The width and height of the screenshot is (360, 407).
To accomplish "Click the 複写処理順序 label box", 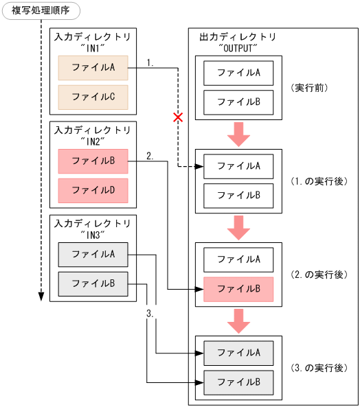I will point(41,10).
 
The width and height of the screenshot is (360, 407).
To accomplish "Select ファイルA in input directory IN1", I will point(93,67).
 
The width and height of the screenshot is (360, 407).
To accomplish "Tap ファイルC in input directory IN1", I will point(93,97).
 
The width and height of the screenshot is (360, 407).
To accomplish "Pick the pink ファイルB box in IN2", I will point(93,161).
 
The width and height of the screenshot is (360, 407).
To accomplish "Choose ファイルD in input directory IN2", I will point(93,190).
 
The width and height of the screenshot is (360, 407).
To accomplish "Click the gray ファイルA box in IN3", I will point(93,255).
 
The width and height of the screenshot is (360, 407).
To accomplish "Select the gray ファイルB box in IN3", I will point(93,283).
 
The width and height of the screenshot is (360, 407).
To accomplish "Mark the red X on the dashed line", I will point(178,118).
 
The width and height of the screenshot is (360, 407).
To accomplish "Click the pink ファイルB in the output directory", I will point(238,289).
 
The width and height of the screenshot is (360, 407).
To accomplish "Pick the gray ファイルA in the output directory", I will point(238,353).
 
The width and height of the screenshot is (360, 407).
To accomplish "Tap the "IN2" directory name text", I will point(93,141).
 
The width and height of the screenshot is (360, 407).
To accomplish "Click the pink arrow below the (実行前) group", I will point(238,134).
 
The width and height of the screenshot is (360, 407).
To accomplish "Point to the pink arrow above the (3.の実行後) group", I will point(238,321).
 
